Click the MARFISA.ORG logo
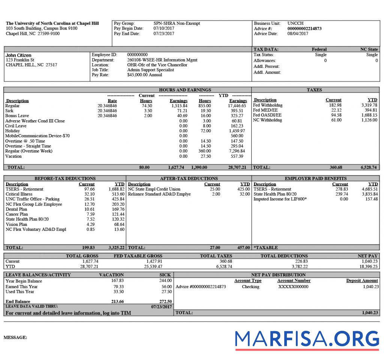[307, 339]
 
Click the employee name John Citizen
[18, 55]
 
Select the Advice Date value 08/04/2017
[298, 34]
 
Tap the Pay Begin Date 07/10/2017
[164, 28]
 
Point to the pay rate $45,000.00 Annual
[145, 75]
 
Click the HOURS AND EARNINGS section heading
[185, 90]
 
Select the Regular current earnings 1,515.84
[178, 106]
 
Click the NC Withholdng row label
[267, 120]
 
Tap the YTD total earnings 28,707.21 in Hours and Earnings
[237, 167]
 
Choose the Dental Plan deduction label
[16, 209]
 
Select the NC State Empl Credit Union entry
[154, 189]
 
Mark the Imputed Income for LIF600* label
[280, 199]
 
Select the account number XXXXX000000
[293, 287]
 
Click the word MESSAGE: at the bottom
[15, 338]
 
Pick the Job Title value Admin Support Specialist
[150, 70]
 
